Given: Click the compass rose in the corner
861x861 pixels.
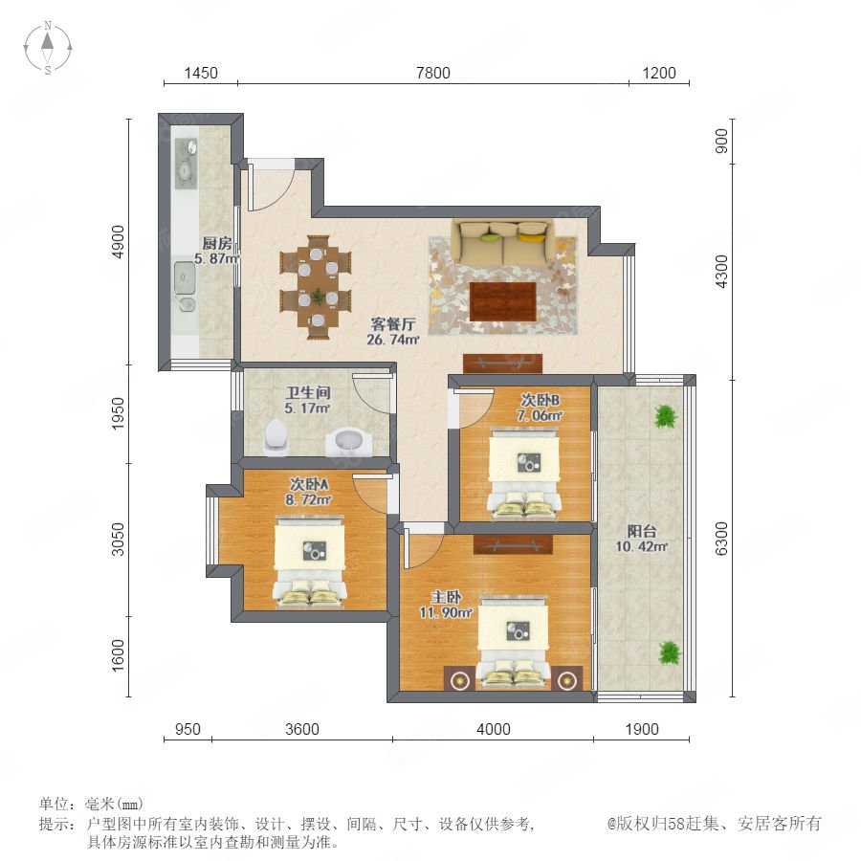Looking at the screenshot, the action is tap(48, 48).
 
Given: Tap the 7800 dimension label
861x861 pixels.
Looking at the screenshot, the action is tap(433, 73).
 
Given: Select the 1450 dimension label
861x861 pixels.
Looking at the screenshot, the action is tap(201, 73).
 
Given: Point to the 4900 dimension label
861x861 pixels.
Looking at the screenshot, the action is tap(118, 242).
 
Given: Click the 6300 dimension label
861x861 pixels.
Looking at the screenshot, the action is tap(721, 539).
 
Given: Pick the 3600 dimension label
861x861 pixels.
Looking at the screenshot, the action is tap(302, 729).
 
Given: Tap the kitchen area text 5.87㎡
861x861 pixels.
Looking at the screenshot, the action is tap(217, 258).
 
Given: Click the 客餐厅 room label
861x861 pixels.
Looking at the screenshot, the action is tap(393, 324).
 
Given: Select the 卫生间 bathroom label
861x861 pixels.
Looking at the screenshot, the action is tap(308, 392).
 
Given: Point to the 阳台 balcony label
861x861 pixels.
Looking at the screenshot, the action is tap(642, 531).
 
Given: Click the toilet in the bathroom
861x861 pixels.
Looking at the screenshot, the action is tap(276, 437).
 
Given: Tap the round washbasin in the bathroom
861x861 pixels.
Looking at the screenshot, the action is tap(348, 441).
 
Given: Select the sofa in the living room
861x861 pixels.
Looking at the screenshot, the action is tap(503, 242).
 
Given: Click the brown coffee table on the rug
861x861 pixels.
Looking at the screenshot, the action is tap(503, 301).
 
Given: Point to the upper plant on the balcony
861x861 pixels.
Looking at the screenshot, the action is tap(666, 416).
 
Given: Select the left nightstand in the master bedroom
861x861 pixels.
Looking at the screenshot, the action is tap(459, 678).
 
